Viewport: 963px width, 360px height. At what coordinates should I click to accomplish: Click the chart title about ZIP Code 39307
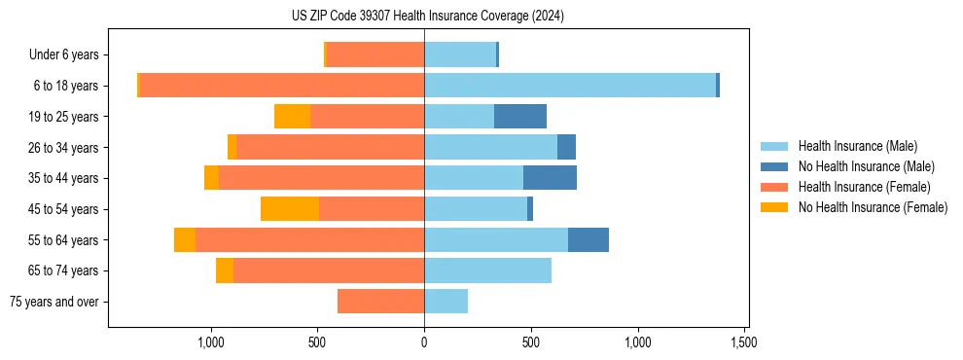427,16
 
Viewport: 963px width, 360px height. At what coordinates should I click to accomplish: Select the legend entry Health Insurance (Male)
857,146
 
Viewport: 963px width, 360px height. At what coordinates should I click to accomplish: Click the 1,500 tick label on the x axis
744,342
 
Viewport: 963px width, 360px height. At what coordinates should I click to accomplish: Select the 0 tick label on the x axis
424,342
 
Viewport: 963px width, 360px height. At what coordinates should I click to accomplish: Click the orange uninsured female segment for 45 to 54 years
290,209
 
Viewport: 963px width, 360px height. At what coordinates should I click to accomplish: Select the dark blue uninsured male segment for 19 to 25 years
520,117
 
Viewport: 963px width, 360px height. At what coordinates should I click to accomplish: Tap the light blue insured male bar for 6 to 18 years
570,86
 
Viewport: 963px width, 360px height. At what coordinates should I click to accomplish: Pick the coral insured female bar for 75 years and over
380,302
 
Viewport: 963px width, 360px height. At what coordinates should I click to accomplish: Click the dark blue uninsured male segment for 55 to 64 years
588,240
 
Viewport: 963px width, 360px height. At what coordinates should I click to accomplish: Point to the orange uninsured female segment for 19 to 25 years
292,117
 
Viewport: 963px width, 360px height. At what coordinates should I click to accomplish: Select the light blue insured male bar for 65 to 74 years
487,270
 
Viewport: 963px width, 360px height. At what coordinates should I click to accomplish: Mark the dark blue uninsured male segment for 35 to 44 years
550,178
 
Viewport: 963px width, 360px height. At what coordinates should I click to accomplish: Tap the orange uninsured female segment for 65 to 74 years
225,270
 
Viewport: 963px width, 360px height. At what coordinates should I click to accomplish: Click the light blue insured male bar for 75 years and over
446,302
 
